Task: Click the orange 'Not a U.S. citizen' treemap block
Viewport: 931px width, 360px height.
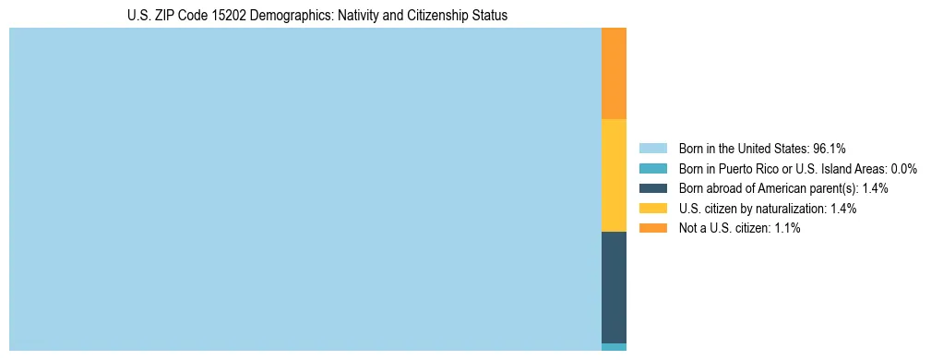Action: pos(614,73)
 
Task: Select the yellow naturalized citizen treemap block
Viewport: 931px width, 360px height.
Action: pos(614,175)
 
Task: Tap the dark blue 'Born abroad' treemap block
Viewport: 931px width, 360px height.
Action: pos(614,287)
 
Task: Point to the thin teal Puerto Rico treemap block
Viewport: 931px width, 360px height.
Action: pos(614,347)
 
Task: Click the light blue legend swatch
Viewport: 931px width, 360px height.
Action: pos(652,149)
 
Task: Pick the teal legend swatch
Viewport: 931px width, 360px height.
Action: pos(652,169)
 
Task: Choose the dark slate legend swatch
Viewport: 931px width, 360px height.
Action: pos(652,188)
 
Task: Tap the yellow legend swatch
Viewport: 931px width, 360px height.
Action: pos(652,209)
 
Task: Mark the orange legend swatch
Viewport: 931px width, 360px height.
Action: pos(652,228)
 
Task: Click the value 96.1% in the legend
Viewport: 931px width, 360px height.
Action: pos(830,149)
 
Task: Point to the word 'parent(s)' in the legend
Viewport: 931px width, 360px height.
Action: pos(835,188)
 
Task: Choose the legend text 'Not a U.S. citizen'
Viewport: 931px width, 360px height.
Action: pos(723,228)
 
